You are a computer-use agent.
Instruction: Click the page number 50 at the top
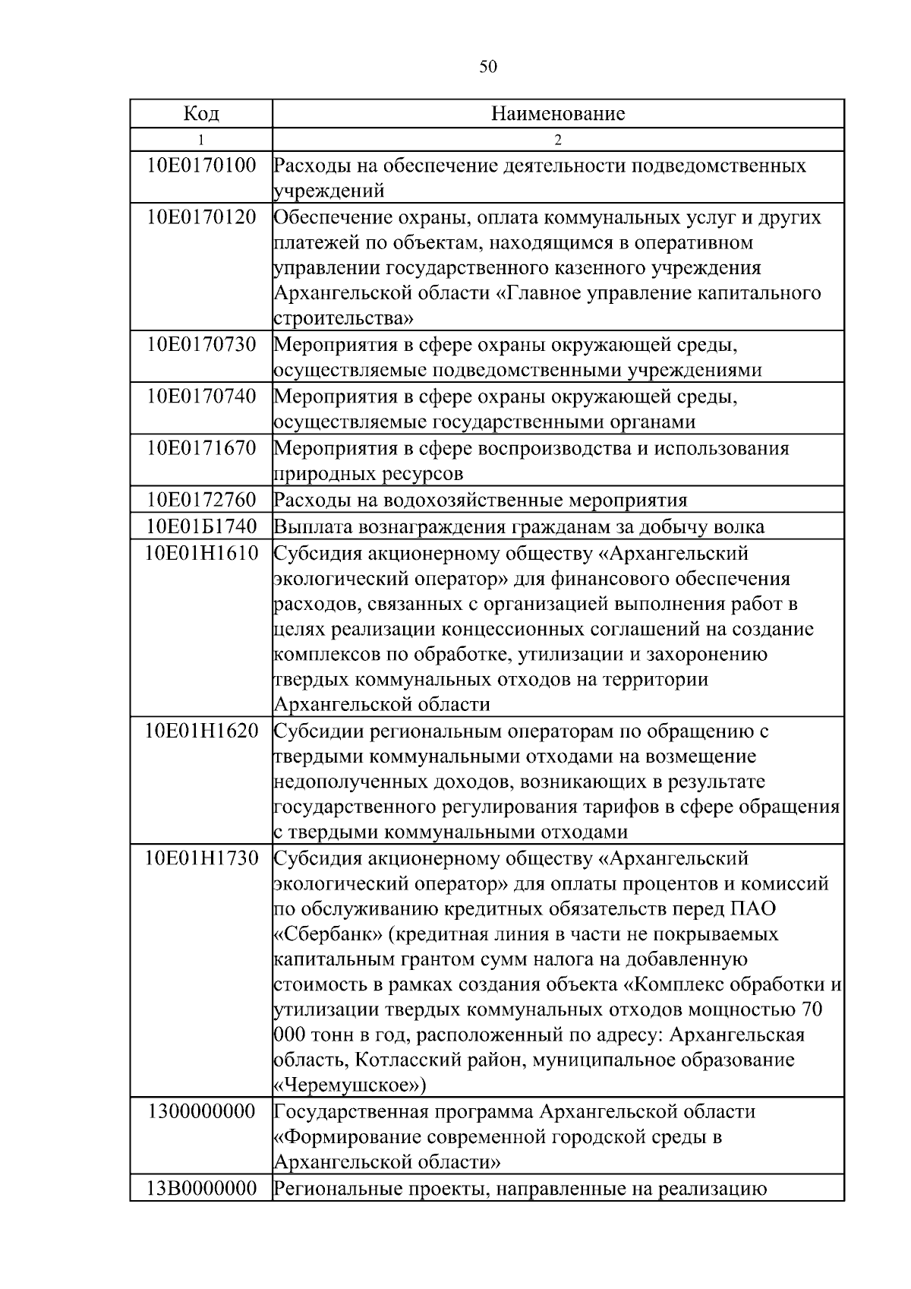click(x=488, y=67)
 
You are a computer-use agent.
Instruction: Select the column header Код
click(x=201, y=114)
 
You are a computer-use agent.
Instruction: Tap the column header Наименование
click(x=558, y=114)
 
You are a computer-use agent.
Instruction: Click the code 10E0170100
click(x=201, y=165)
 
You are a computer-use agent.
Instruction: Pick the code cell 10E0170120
click(x=201, y=217)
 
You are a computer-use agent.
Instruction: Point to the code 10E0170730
click(x=201, y=345)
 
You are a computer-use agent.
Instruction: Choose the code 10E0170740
click(x=201, y=396)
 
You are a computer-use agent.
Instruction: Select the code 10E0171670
click(x=201, y=447)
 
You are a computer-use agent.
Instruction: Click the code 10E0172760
click(x=201, y=500)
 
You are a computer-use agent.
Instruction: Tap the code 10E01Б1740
click(x=201, y=526)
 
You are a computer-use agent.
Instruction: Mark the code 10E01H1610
click(x=201, y=553)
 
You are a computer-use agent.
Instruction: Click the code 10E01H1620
click(x=201, y=731)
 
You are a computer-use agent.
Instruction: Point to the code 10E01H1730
click(x=201, y=858)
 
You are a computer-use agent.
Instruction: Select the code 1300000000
click(x=201, y=1111)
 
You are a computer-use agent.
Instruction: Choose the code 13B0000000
click(x=201, y=1188)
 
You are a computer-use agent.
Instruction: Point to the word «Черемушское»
click(x=349, y=1085)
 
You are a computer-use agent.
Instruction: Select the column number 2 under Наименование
click(x=558, y=140)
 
